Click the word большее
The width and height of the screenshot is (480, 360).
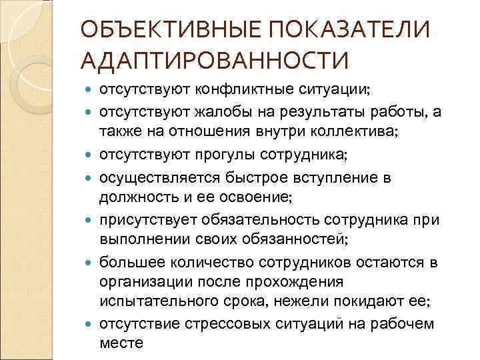point(126,262)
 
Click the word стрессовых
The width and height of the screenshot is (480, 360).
point(219,325)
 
